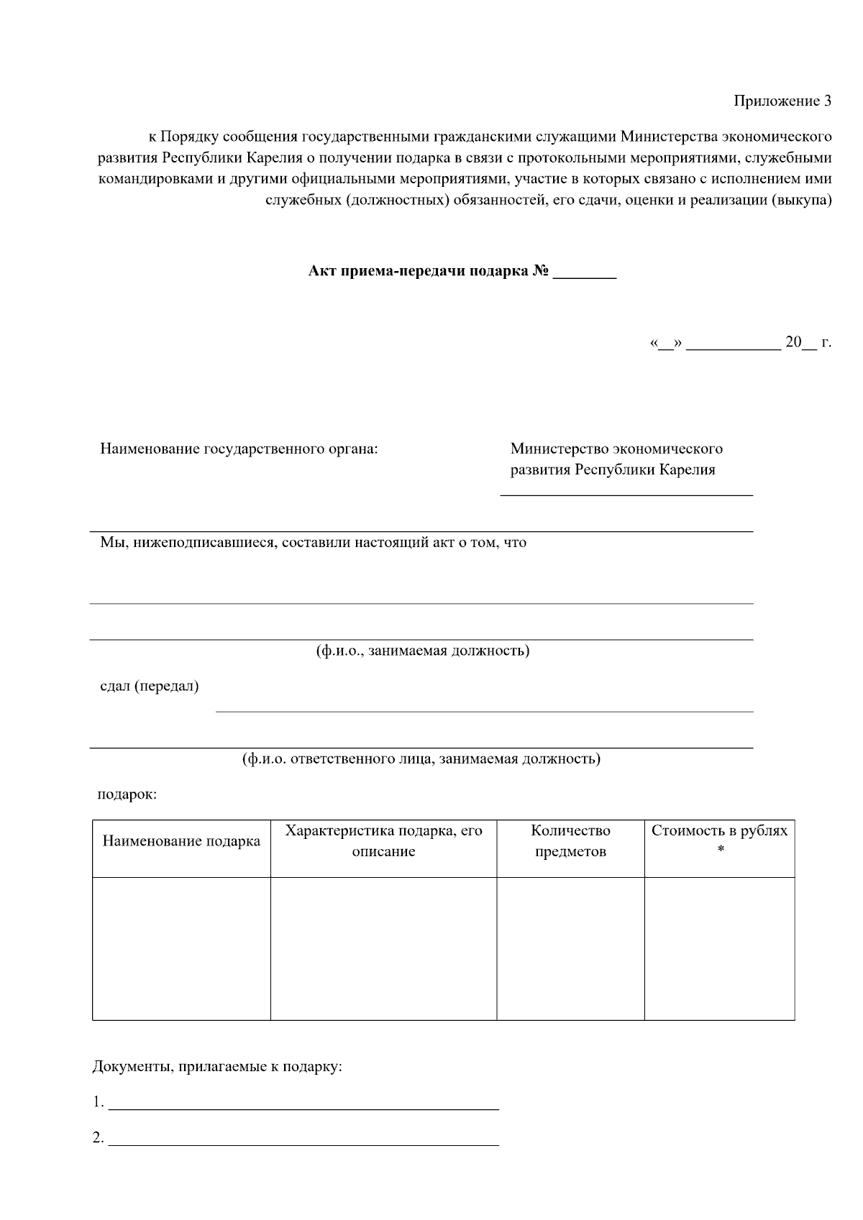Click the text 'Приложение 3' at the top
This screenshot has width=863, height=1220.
pyautogui.click(x=782, y=101)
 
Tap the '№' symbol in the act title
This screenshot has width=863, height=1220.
pyautogui.click(x=541, y=272)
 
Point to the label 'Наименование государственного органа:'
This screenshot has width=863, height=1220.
pyautogui.click(x=239, y=449)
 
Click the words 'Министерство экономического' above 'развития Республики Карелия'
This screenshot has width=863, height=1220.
pyautogui.click(x=616, y=449)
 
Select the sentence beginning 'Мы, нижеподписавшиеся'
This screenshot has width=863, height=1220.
pyautogui.click(x=313, y=543)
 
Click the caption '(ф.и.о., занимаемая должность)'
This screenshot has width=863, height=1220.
pyautogui.click(x=422, y=651)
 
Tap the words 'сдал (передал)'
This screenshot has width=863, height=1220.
pyautogui.click(x=150, y=686)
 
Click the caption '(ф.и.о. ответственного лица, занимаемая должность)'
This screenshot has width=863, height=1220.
pyautogui.click(x=421, y=759)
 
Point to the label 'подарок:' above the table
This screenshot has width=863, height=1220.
pyautogui.click(x=127, y=795)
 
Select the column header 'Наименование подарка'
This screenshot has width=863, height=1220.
pyautogui.click(x=181, y=841)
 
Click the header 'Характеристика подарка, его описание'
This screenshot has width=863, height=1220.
pyautogui.click(x=383, y=841)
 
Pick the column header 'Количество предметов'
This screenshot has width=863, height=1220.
pyautogui.click(x=570, y=841)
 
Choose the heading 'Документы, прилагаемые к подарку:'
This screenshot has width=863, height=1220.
pyautogui.click(x=217, y=1066)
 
